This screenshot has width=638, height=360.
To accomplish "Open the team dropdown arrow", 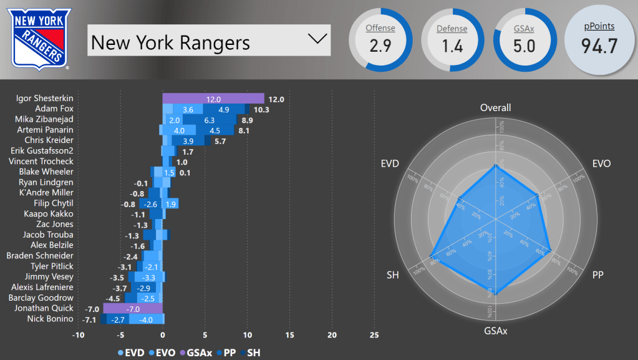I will (317, 39).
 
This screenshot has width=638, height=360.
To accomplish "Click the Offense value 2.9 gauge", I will (380, 39).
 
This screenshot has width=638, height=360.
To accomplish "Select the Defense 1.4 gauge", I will (452, 39).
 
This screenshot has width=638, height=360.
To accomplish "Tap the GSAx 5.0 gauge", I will (524, 39).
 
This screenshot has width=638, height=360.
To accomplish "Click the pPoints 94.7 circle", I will (599, 39).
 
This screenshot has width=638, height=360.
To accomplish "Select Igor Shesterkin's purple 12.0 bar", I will (213, 99).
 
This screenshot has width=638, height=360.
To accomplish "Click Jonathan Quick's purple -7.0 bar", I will (133, 308).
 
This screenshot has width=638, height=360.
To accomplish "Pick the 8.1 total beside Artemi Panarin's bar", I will (244, 130).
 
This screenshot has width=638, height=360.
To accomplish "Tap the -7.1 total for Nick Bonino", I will (90, 319).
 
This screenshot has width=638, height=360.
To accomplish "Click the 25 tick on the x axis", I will (374, 335).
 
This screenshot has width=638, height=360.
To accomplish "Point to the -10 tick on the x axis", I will (78, 335).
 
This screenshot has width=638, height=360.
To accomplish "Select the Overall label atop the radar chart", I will (495, 108).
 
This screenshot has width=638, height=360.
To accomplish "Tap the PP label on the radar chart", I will (597, 275).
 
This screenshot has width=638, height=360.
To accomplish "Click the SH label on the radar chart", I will (393, 275).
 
